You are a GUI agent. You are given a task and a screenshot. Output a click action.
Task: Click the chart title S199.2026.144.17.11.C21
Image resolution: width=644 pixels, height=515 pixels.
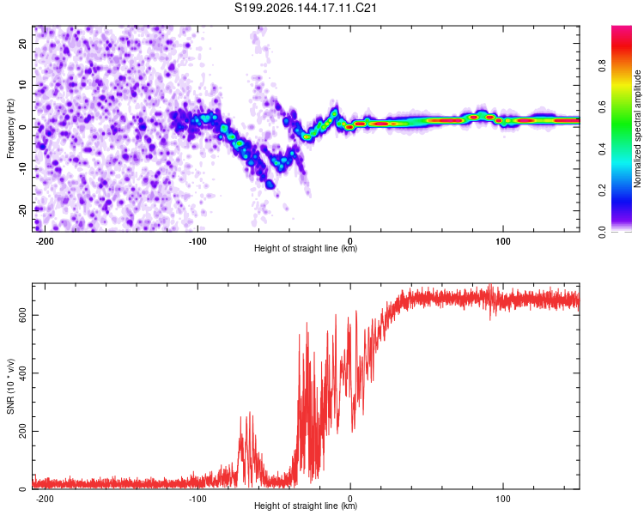pyautogui.click(x=305, y=8)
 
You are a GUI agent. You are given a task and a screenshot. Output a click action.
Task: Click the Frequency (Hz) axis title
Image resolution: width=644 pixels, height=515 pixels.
pyautogui.click(x=10, y=129)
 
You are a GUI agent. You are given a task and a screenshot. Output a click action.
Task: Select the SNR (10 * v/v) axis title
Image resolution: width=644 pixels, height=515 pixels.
pyautogui.click(x=10, y=386)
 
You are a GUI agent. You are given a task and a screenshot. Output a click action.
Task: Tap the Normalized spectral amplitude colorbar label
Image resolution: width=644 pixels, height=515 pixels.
pyautogui.click(x=637, y=129)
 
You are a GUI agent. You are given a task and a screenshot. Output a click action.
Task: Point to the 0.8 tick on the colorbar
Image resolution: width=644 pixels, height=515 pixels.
pyautogui.click(x=602, y=66)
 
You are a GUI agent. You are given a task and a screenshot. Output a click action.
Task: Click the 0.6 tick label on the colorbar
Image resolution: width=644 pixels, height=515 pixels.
pyautogui.click(x=602, y=107)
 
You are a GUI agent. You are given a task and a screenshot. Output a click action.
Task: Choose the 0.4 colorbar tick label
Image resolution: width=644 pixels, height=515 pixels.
pyautogui.click(x=602, y=148)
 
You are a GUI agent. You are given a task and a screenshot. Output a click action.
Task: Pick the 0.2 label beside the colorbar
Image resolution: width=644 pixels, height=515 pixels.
pyautogui.click(x=602, y=191)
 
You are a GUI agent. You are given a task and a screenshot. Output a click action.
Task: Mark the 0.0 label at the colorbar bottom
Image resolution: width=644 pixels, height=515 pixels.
pyautogui.click(x=602, y=232)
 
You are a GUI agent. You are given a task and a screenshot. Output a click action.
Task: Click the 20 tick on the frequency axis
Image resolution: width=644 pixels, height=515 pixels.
pyautogui.click(x=22, y=43)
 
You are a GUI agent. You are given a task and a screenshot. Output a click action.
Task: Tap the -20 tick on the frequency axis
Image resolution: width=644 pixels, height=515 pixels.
pyautogui.click(x=22, y=210)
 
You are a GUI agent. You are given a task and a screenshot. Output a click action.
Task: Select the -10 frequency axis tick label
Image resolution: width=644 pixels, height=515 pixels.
pyautogui.click(x=22, y=169)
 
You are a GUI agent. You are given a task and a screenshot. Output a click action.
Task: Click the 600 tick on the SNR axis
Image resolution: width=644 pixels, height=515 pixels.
pyautogui.click(x=22, y=315)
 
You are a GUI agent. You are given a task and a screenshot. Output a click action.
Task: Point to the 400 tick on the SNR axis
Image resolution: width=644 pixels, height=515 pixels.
pyautogui.click(x=22, y=373)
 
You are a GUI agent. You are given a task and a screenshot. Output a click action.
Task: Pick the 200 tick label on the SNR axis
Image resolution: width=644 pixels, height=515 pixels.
pyautogui.click(x=22, y=431)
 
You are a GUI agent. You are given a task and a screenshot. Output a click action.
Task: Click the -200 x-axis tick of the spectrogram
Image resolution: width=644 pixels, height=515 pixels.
pyautogui.click(x=45, y=241)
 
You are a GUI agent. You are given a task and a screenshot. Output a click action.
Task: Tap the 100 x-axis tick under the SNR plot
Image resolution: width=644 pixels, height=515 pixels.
pyautogui.click(x=502, y=499)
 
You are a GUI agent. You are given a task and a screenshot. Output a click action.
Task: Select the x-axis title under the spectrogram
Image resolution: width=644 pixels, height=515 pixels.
pyautogui.click(x=306, y=248)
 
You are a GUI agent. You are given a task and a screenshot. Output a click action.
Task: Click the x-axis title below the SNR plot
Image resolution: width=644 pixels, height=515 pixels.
pyautogui.click(x=306, y=506)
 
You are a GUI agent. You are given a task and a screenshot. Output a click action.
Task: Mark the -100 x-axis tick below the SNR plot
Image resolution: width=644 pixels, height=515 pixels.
pyautogui.click(x=197, y=499)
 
